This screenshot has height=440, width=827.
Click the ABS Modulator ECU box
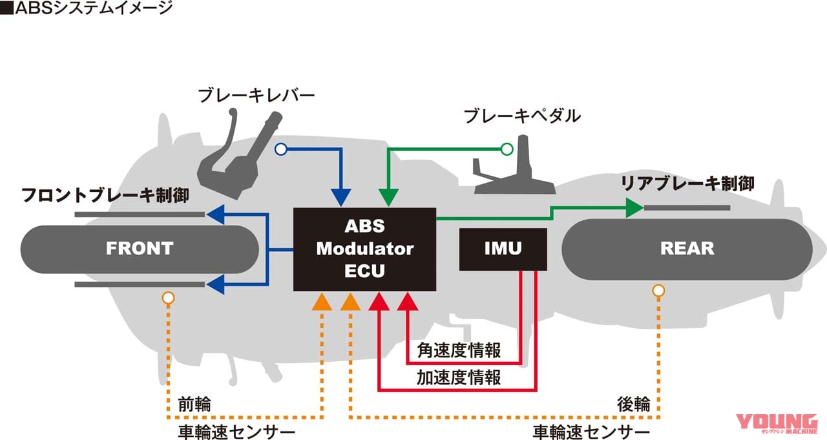click(365, 249)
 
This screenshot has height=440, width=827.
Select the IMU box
click(503, 249)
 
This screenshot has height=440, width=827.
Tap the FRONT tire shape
click(140, 249)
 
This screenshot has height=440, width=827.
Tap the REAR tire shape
click(687, 249)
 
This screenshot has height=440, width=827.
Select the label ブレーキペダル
click(522, 116)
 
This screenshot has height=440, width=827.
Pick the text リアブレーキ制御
click(687, 183)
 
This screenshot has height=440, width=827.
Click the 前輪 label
click(194, 404)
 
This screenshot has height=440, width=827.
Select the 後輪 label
click(634, 404)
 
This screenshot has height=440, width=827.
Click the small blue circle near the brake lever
click(280, 149)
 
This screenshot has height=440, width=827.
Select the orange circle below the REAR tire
click(658, 291)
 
